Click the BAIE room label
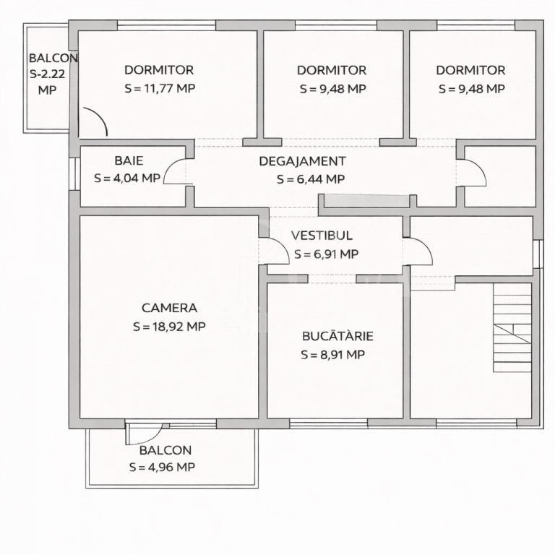tap(129, 160)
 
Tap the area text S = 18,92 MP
tap(169, 327)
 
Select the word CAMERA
tap(169, 308)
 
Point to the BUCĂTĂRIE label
tap(337, 336)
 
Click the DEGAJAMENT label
tap(302, 161)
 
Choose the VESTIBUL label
tap(322, 236)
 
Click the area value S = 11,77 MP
tap(160, 88)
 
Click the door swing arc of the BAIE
tap(169, 166)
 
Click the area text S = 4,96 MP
tap(162, 468)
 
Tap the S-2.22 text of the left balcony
tap(48, 74)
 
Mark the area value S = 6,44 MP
tap(311, 179)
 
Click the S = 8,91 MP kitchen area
tap(332, 354)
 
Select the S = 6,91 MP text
tap(327, 254)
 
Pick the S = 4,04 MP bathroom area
tap(127, 178)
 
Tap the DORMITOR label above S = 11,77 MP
tap(159, 70)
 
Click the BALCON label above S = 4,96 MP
tap(165, 450)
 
